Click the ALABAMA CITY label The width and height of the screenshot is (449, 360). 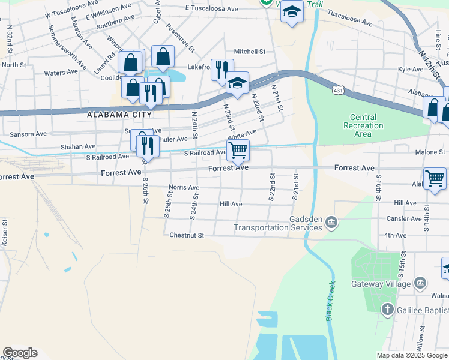[x=116, y=114]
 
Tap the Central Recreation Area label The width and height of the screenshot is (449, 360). [x=363, y=125]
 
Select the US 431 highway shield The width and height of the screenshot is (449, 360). [x=339, y=89]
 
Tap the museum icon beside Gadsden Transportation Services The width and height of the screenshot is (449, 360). [x=331, y=224]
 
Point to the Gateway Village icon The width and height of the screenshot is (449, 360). [x=420, y=283]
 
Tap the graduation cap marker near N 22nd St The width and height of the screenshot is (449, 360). [x=238, y=83]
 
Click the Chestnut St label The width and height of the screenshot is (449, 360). [x=187, y=235]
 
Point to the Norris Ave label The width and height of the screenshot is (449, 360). [x=184, y=187]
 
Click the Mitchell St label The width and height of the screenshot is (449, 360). [x=250, y=52]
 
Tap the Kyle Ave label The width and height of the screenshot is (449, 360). [x=411, y=70]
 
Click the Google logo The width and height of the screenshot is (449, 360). [x=20, y=353]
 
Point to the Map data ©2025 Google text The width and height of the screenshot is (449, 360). [x=411, y=355]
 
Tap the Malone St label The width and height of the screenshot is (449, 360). [x=430, y=152]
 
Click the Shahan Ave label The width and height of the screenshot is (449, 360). [x=77, y=146]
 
